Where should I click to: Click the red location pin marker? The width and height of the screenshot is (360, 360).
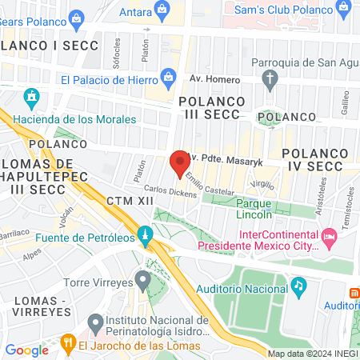coord(178,164)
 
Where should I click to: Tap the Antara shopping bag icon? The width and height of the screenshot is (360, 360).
coord(162,10)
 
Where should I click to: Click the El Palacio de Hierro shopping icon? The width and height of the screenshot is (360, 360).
coord(167,78)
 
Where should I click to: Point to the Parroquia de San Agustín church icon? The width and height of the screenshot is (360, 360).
coord(270,78)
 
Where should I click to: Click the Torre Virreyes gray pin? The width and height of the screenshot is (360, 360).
coord(143,280)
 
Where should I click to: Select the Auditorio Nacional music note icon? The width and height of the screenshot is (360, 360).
coord(298,284)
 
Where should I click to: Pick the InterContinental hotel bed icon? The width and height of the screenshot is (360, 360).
coord(328,237)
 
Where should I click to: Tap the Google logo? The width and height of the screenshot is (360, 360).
coord(26,350)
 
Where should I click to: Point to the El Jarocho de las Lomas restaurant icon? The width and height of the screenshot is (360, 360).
coord(68,346)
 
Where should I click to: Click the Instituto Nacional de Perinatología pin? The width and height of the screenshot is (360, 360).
coord(96,323)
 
